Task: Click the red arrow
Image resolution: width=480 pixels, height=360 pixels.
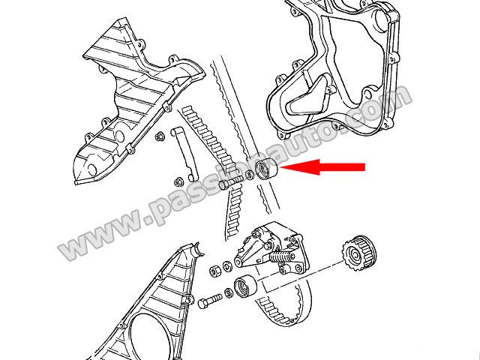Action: tap(322, 166)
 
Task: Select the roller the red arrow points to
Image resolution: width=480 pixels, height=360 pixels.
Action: tap(266, 169)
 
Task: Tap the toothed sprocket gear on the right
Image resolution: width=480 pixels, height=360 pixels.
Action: tap(360, 253)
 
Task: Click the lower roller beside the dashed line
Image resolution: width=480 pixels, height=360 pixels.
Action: tap(245, 286)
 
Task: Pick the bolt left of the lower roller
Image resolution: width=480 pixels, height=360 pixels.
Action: tap(209, 300)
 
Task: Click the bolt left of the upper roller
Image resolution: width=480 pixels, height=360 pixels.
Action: tap(231, 181)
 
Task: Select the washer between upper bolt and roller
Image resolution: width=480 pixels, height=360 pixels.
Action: tap(250, 175)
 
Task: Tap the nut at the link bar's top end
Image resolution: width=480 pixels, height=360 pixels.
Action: tap(159, 136)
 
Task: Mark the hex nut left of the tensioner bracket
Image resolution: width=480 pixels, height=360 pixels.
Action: tap(215, 271)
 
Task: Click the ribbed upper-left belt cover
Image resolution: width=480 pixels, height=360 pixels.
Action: tap(139, 101)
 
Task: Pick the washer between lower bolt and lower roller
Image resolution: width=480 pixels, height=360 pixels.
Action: tap(228, 292)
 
